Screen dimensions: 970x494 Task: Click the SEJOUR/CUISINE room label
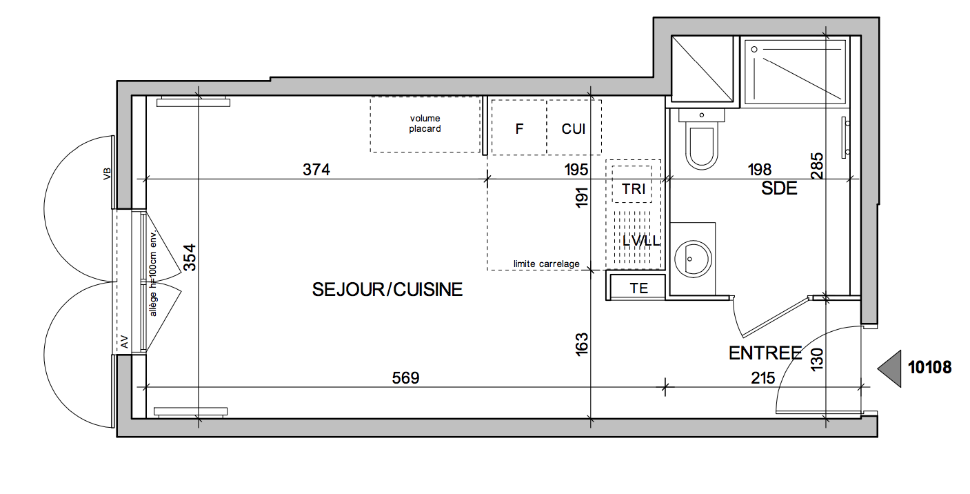click(x=387, y=290)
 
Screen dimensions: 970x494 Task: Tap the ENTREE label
click(x=766, y=353)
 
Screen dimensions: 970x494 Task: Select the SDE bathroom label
click(x=779, y=188)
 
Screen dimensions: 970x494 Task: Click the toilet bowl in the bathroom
click(x=702, y=146)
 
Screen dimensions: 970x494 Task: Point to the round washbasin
click(x=693, y=259)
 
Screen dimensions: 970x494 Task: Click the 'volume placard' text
click(x=425, y=123)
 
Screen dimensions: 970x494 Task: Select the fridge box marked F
click(x=518, y=128)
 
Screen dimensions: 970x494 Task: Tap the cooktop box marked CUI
click(x=574, y=128)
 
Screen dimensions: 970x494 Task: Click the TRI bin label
click(x=634, y=189)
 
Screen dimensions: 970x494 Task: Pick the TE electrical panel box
click(x=638, y=287)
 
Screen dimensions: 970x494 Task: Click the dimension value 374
click(x=316, y=170)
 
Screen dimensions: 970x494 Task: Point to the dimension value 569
click(x=406, y=378)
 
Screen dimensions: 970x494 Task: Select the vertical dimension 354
click(x=190, y=258)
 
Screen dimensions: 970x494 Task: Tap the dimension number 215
click(x=763, y=378)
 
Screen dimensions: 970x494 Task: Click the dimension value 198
click(x=760, y=170)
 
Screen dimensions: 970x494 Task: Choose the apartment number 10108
click(x=930, y=368)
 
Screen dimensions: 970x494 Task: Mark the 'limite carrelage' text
click(x=546, y=264)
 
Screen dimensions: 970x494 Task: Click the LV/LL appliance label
click(x=641, y=241)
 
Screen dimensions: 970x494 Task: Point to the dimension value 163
click(x=582, y=344)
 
